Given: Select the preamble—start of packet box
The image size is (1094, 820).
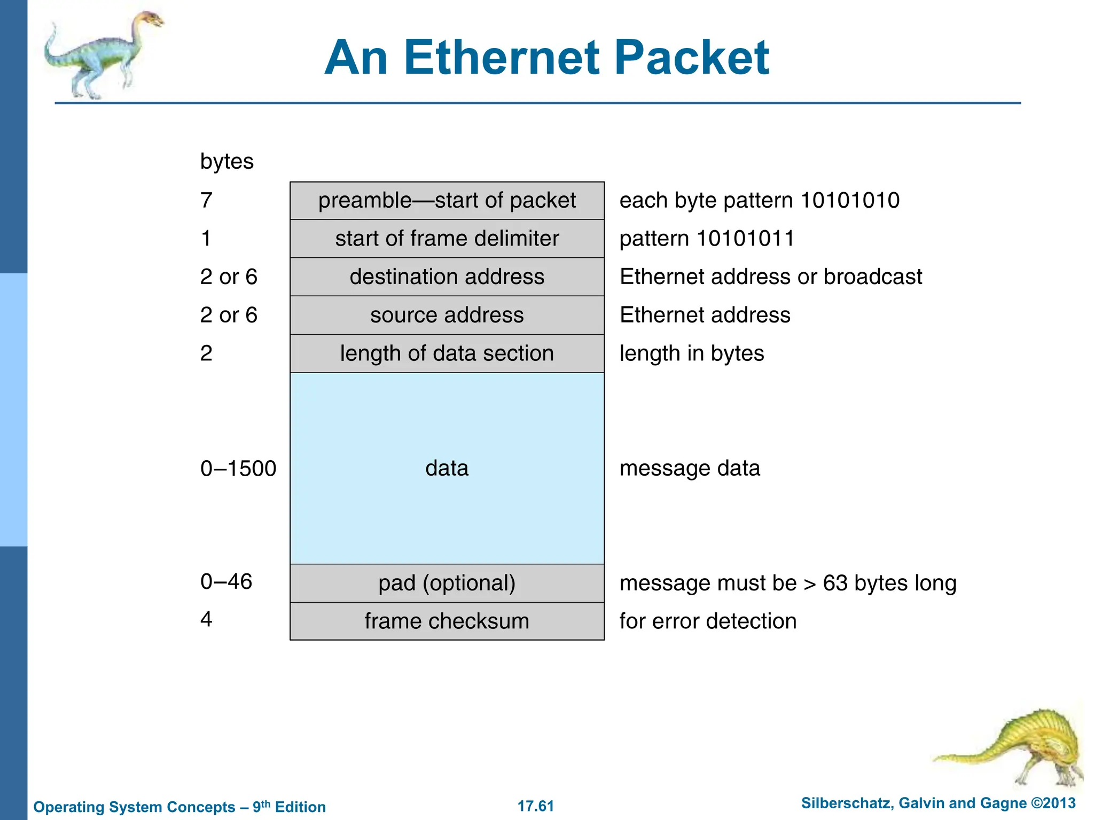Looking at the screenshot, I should tap(447, 201).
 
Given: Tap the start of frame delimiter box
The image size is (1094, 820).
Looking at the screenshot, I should tap(447, 239).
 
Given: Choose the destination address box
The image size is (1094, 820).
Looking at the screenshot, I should tap(447, 277).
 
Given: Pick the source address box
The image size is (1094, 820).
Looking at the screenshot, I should tap(447, 315).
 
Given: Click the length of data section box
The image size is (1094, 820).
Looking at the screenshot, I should tap(447, 353).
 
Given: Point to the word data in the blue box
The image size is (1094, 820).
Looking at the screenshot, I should tap(447, 468).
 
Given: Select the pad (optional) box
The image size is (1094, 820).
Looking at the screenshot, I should tap(447, 583).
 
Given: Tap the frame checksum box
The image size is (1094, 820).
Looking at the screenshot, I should tap(447, 621).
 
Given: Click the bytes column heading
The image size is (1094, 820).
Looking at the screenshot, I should tap(226, 161).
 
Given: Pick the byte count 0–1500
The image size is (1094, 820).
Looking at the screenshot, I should tap(238, 469).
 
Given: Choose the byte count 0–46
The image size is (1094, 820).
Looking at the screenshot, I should tap(226, 581).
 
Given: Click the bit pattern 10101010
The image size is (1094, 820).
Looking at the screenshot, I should tap(850, 201).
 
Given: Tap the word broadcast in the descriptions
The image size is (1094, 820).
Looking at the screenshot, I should tap(873, 277).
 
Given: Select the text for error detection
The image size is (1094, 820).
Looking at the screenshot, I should tap(708, 621).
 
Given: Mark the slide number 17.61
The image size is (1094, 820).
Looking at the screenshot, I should tap(536, 806).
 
